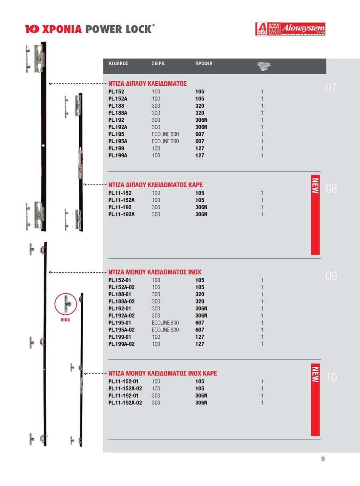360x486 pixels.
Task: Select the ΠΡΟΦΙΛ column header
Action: coord(204,64)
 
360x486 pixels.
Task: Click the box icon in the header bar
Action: coord(264,66)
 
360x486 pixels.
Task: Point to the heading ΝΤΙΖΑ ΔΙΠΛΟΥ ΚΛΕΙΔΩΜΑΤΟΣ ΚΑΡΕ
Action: coord(156,185)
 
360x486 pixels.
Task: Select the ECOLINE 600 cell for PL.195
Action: coord(165,134)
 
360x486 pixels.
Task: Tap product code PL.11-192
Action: coord(120,207)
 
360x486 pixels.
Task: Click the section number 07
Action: coord(331,87)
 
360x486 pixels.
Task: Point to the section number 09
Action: coord(331,276)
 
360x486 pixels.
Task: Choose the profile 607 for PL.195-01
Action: coord(200,323)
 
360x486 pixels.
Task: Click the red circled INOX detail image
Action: coord(66,305)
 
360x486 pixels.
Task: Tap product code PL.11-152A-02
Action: coord(125,388)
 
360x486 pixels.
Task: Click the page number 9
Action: coord(323,459)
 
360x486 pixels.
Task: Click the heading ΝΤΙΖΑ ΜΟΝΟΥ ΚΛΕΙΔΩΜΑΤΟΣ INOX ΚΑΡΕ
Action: coord(163,374)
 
